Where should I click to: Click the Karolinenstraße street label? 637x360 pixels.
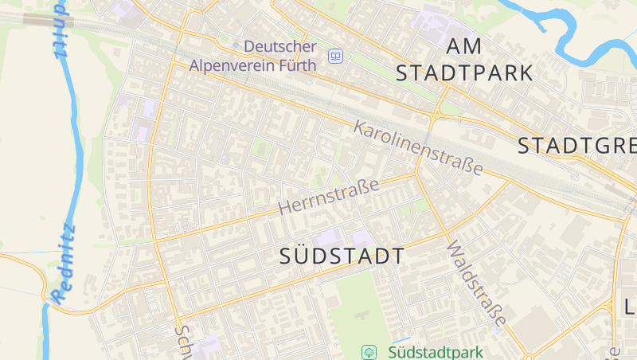point(419,148)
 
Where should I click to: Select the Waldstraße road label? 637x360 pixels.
point(477,284)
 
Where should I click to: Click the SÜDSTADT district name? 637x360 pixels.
point(342,256)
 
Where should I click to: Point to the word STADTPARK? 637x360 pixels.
point(464,73)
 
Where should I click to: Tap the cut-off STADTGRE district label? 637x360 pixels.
point(576,146)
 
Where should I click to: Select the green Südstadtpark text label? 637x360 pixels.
point(436,351)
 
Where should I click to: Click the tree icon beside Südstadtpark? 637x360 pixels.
point(369,351)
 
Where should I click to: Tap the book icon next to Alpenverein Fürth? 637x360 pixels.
point(335,56)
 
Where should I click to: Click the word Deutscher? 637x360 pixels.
point(280,47)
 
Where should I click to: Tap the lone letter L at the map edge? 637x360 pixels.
point(628,307)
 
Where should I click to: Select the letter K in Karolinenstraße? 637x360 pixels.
point(360,127)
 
